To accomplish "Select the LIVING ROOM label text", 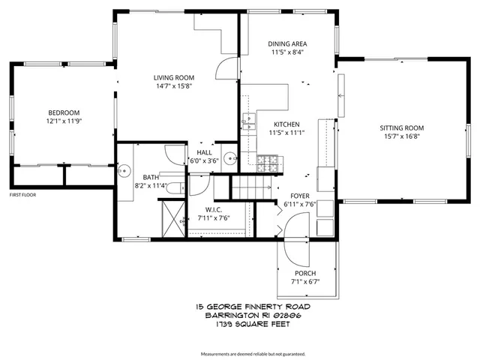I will click(174, 77).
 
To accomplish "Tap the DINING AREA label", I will click(287, 43).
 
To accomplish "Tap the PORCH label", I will click(304, 273).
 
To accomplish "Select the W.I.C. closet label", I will click(214, 209).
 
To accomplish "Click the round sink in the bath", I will click(124, 171).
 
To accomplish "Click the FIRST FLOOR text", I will click(23, 195).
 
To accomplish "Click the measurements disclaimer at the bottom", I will click(253, 353).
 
